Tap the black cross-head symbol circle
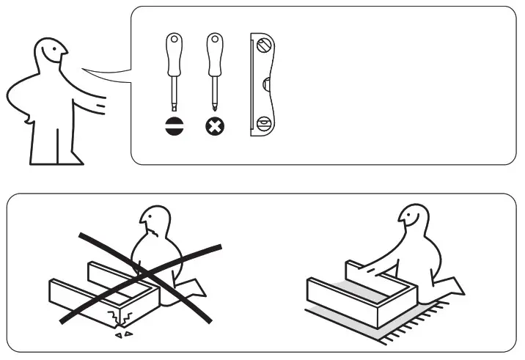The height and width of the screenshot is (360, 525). coord(214,126)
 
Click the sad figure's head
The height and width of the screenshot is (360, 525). coord(156,220)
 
